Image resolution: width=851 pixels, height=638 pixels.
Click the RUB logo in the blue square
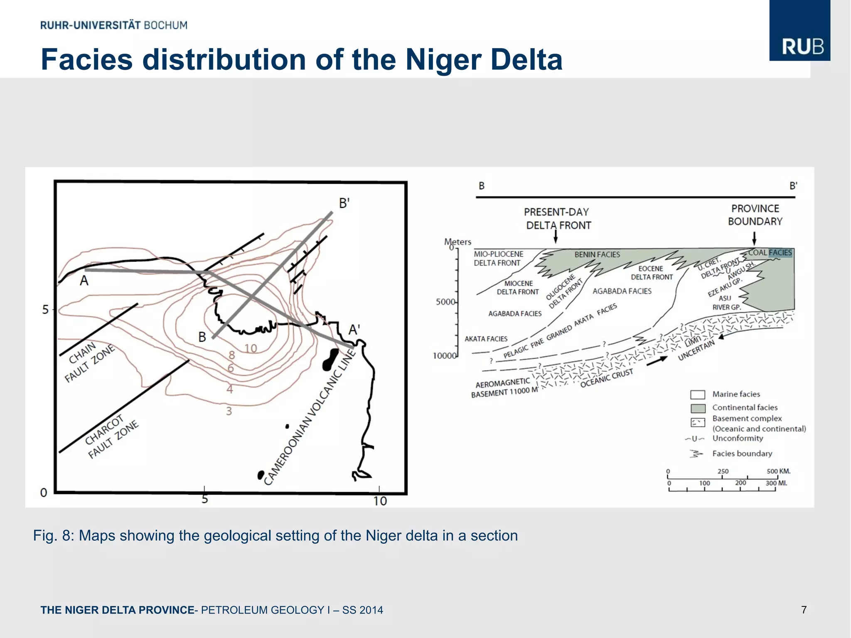802,47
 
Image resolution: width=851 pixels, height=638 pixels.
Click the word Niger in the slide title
443,59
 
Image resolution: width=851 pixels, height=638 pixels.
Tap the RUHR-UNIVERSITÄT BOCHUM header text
114,25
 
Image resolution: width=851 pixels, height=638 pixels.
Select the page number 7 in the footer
804,610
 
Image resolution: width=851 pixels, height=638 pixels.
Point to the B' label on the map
344,203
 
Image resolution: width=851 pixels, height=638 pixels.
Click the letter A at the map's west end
84,281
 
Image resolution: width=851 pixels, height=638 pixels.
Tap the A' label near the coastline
354,330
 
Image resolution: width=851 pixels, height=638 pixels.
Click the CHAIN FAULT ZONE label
89,362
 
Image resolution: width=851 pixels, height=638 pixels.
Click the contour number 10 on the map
251,348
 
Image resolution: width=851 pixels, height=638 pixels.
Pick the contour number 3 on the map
229,411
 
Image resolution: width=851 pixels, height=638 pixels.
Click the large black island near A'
330,360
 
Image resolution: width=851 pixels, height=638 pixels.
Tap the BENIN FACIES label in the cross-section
597,254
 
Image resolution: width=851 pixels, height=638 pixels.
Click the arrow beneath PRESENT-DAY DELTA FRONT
556,237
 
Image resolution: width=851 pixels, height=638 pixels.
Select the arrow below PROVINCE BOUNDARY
754,238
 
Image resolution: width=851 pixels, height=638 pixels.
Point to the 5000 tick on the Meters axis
446,302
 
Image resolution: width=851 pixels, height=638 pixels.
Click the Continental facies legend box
698,408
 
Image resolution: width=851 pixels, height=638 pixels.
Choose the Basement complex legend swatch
698,423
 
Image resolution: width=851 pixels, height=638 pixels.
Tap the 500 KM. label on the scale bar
778,471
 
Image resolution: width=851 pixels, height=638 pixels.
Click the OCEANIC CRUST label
606,378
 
